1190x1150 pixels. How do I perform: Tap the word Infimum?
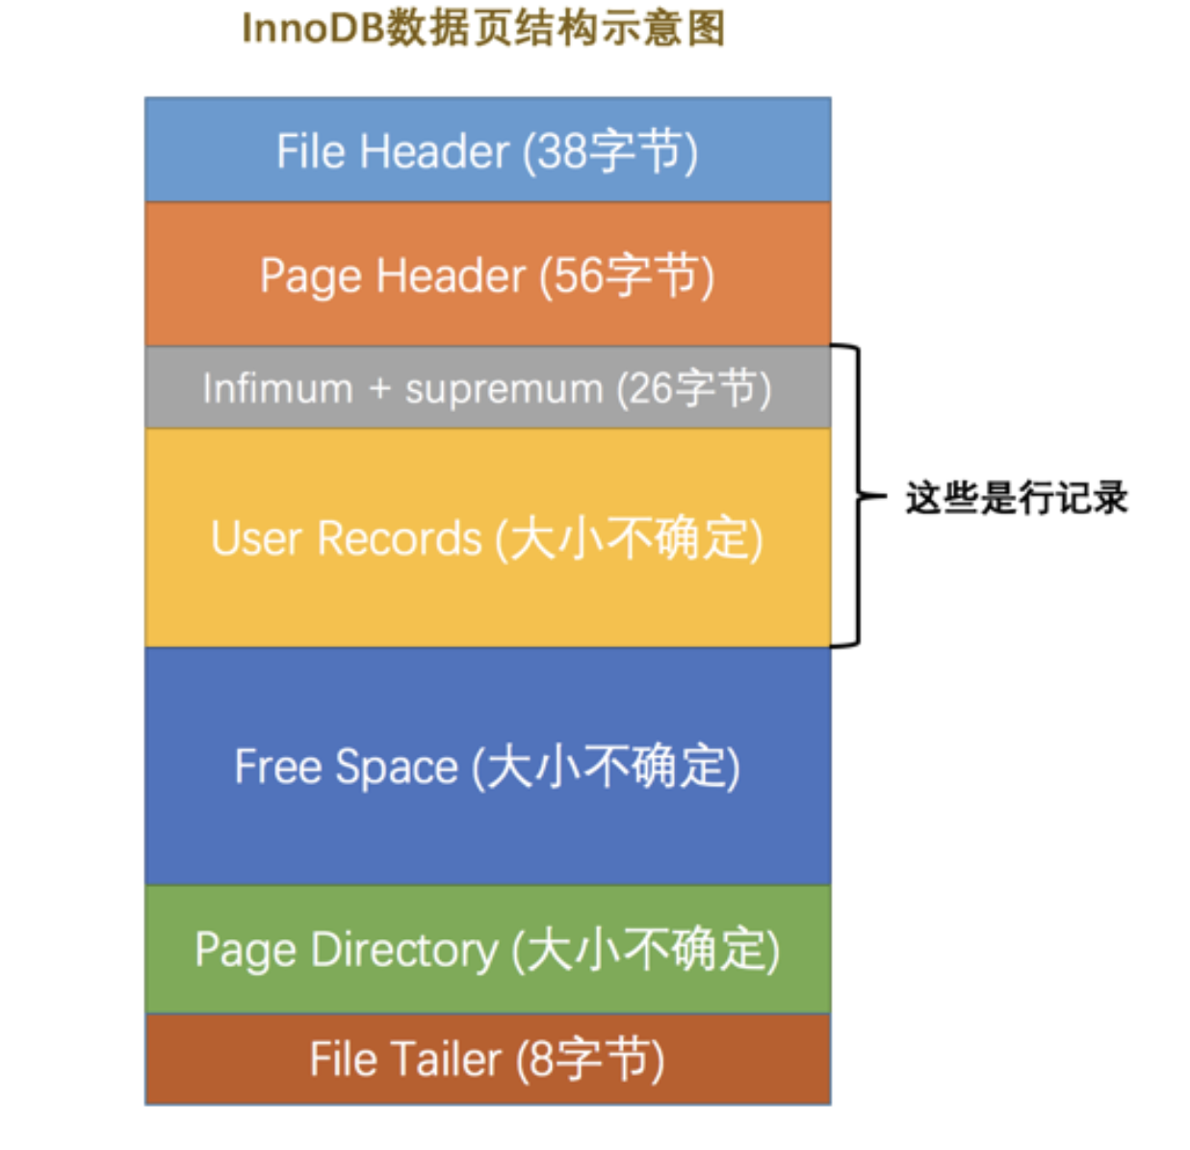[277, 389]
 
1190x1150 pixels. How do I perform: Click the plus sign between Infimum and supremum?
[379, 389]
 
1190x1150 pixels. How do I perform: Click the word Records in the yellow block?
[399, 538]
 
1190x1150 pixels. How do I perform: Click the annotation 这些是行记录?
[1016, 498]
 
